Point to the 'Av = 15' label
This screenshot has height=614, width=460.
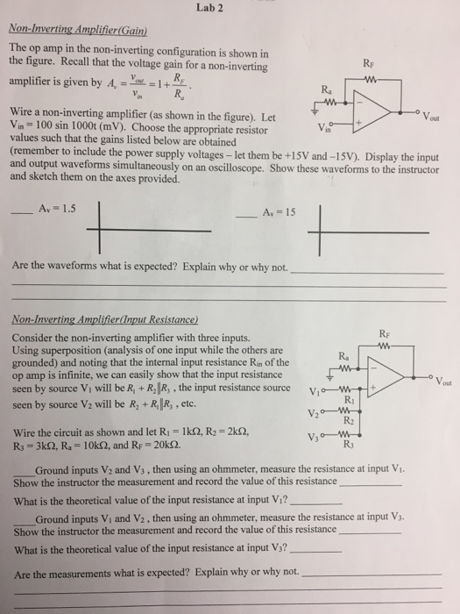point(280,213)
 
